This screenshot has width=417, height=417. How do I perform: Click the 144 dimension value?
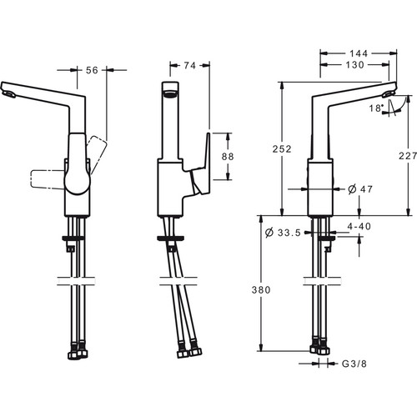tap(359, 53)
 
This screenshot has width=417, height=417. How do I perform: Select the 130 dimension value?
tap(354, 65)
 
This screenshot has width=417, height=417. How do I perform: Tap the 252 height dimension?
tap(282, 149)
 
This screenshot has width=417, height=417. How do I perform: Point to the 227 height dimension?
tap(408, 156)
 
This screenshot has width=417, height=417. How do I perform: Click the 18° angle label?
tap(376, 108)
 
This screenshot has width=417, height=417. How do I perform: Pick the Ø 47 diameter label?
tap(360, 189)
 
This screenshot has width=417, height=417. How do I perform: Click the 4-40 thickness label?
tap(359, 226)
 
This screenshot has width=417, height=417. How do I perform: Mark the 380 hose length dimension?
tap(261, 290)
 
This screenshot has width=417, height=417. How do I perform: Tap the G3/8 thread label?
tap(354, 364)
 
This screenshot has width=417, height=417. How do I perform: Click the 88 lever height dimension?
tap(228, 157)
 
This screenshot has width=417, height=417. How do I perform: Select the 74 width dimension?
tap(190, 66)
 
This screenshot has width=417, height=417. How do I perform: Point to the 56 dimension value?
tap(92, 70)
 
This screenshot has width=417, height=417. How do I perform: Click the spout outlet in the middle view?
tap(170, 93)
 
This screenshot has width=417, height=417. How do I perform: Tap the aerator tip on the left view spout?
tap(9, 94)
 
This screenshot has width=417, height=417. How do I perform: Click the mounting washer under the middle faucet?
tap(170, 239)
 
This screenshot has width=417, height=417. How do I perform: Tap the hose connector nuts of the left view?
tap(78, 352)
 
